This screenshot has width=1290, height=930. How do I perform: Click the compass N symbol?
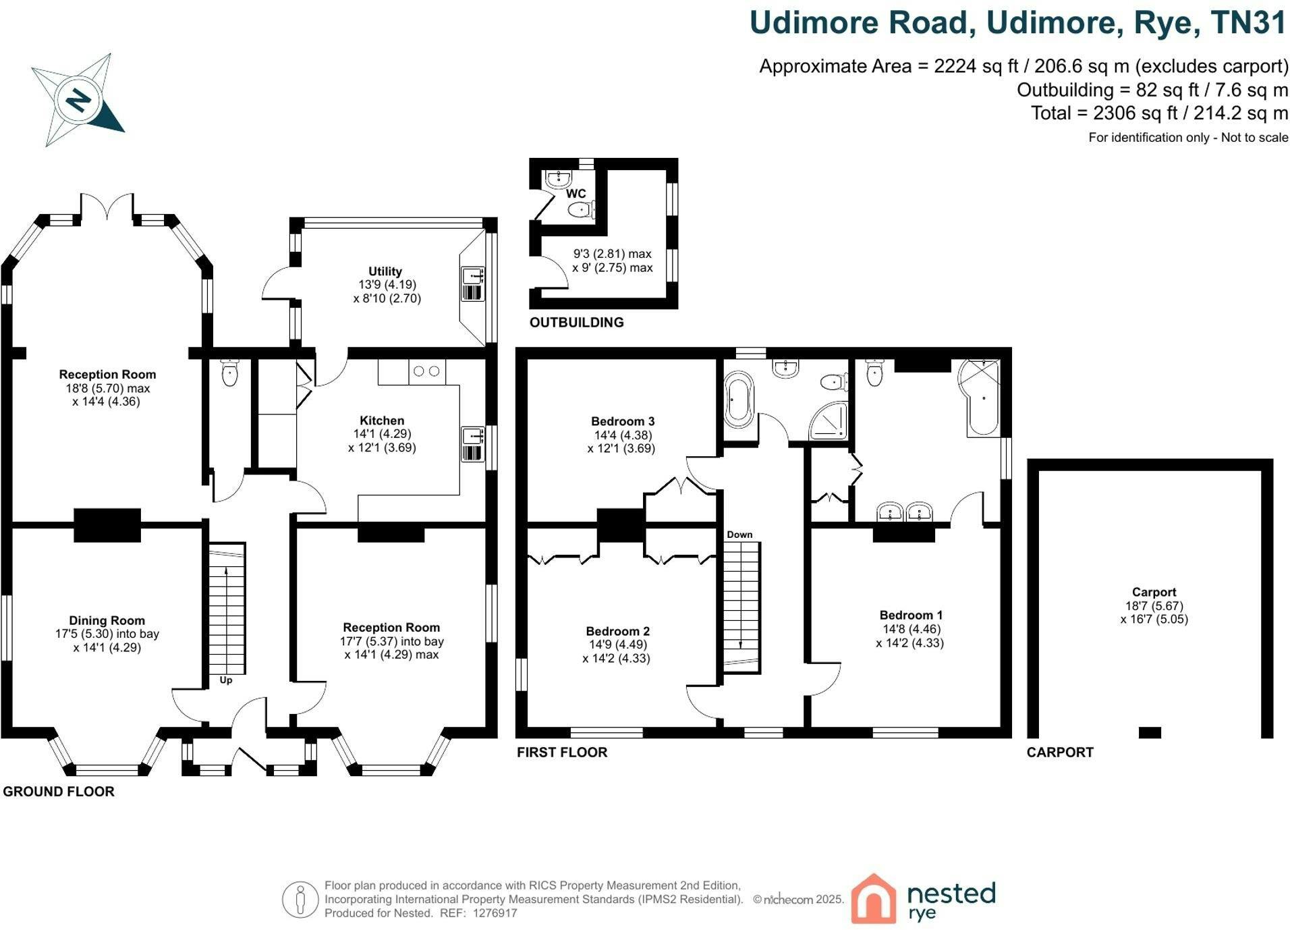tap(80, 101)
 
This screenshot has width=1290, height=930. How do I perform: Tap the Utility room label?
tap(385, 271)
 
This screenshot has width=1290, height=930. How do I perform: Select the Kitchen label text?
tap(382, 420)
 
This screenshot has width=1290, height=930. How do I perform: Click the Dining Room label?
tap(107, 620)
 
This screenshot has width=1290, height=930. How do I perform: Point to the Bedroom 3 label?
tap(623, 422)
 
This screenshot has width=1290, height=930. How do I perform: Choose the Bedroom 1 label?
tap(911, 615)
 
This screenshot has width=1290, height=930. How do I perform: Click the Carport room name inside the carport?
tap(1154, 592)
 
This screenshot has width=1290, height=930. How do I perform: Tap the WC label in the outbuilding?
tap(576, 194)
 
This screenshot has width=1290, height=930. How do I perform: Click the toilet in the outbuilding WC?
tap(582, 210)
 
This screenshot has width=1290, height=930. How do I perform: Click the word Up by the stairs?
tap(226, 680)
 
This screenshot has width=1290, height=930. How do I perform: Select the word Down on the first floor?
tap(739, 535)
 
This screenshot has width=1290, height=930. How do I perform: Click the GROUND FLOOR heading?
tap(59, 791)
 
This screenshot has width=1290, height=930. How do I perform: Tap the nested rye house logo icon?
tap(874, 898)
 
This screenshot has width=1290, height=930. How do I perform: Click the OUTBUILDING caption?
tap(577, 323)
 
